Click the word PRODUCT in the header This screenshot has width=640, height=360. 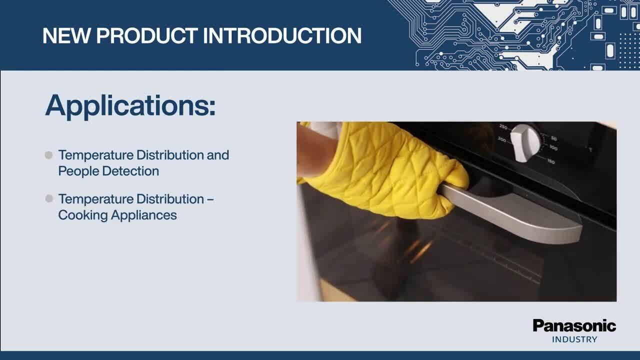point(147,35)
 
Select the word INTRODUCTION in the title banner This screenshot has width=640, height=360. point(282,35)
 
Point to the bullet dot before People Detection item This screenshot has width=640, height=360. point(48,155)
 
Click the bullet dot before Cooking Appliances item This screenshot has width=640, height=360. point(49,198)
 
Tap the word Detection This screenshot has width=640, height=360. point(130,171)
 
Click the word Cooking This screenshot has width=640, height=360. point(83,215)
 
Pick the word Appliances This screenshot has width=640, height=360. point(144,215)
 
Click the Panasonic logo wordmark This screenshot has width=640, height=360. point(574,326)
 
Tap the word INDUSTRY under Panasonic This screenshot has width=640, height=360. point(574,339)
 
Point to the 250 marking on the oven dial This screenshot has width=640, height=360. point(503,126)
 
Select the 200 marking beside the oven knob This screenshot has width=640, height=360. point(502,139)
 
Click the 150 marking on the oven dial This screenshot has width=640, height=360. point(551,161)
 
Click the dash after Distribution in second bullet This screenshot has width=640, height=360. point(210,199)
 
